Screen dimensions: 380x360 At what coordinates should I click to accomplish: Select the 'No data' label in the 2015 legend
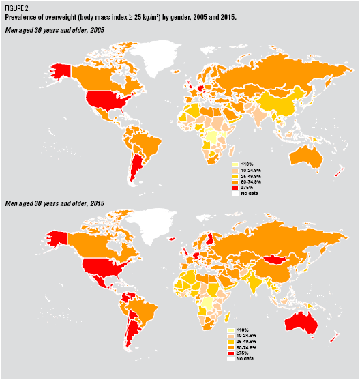coord(245,358)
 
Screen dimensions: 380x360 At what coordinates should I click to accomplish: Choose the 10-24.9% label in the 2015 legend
coord(247,336)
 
